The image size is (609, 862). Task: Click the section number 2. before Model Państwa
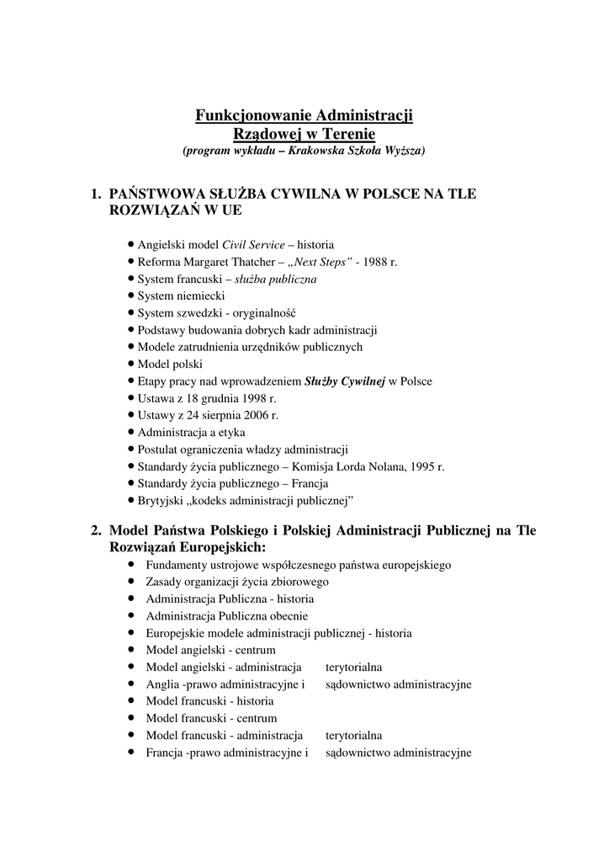coord(97,530)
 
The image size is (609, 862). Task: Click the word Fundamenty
coord(177,565)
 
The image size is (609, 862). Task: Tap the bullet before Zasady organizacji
coord(132,582)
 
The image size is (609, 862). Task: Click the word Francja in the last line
coord(164,753)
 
